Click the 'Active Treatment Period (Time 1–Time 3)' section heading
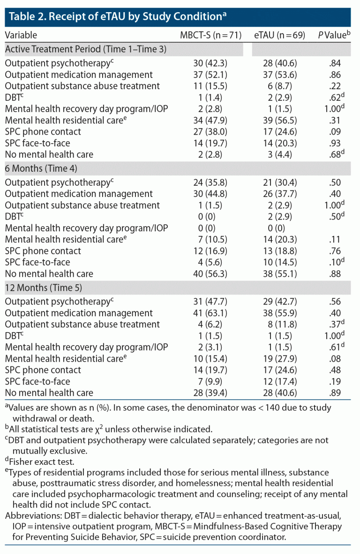point(86,49)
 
